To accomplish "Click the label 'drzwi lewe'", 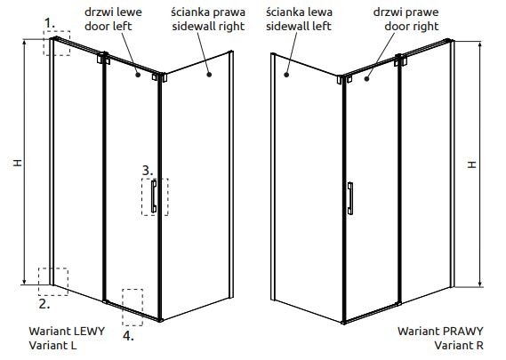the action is pyautogui.click(x=113, y=12).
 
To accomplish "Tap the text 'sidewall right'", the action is pyautogui.click(x=208, y=26).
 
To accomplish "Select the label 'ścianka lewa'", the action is pyautogui.click(x=299, y=12).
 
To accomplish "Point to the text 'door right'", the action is pyautogui.click(x=412, y=26).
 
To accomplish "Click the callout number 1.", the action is pyautogui.click(x=50, y=23).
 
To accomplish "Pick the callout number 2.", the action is pyautogui.click(x=44, y=304).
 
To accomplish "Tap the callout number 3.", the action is pyautogui.click(x=148, y=171).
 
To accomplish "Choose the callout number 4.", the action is pyautogui.click(x=128, y=336).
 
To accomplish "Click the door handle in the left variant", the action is pyautogui.click(x=154, y=196).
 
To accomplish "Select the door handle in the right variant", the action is pyautogui.click(x=350, y=198).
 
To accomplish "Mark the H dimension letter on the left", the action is pyautogui.click(x=18, y=163).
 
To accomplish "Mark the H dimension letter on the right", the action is pyautogui.click(x=472, y=164).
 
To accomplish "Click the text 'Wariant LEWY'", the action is pyautogui.click(x=67, y=331).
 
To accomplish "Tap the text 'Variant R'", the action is pyautogui.click(x=459, y=345).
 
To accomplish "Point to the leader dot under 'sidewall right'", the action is pyautogui.click(x=209, y=75).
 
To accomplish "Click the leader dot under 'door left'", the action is pyautogui.click(x=138, y=75).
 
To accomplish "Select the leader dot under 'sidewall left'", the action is pyautogui.click(x=286, y=75).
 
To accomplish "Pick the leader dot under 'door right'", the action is pyautogui.click(x=366, y=78).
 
